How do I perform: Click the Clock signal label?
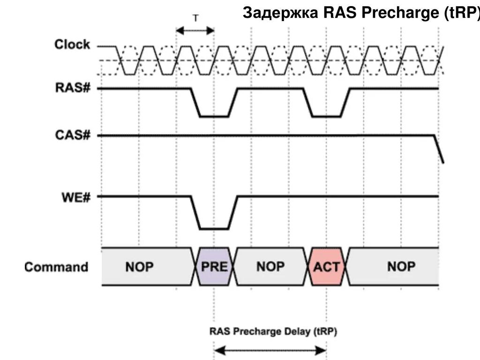tap(72, 45)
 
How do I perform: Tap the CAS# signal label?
tap(73, 135)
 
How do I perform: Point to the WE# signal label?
tap(75, 196)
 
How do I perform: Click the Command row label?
tap(56, 267)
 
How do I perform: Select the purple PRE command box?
tap(214, 267)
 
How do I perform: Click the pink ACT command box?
tap(327, 267)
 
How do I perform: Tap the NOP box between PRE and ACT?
tap(270, 267)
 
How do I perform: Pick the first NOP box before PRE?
tap(139, 267)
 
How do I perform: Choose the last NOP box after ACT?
tap(401, 267)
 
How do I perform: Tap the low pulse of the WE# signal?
tap(214, 228)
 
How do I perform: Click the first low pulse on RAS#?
tap(214, 116)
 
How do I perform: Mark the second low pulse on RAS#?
tap(327, 116)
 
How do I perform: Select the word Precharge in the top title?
tap(401, 14)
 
